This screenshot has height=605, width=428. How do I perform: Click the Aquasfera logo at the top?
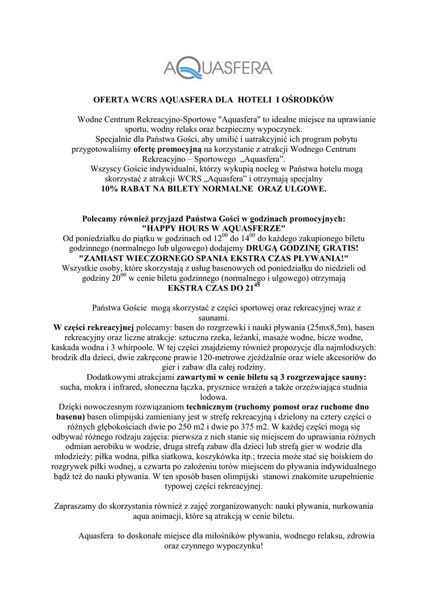point(213,70)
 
